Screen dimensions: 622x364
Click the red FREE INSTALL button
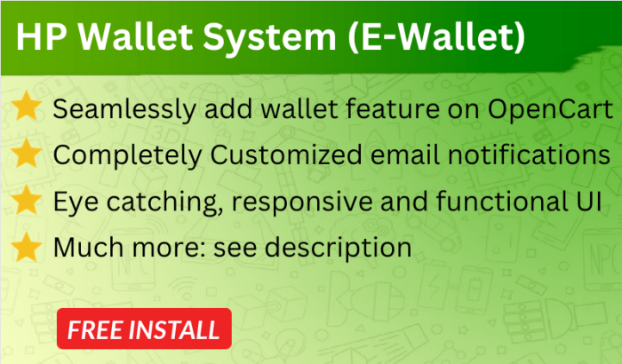click(144, 328)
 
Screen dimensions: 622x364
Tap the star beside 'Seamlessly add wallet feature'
click(27, 106)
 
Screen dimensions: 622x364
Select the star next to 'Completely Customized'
click(27, 153)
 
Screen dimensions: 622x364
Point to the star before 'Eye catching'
click(27, 200)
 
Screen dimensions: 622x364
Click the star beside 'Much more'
click(27, 247)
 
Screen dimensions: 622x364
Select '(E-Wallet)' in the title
click(437, 37)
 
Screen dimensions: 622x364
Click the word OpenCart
click(550, 110)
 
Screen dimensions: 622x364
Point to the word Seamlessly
click(124, 110)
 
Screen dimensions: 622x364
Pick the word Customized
click(285, 155)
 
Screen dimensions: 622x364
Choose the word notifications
click(529, 154)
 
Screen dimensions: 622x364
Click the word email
click(404, 154)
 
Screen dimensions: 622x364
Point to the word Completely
click(127, 156)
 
